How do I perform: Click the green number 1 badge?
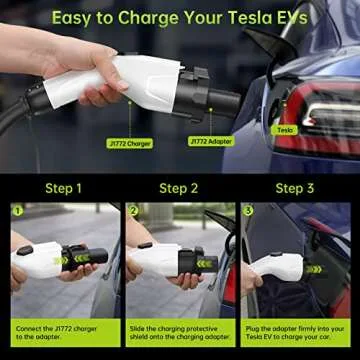pyautogui.click(x=17, y=211)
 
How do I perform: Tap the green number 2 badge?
pyautogui.click(x=134, y=211)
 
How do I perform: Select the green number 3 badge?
pyautogui.click(x=250, y=211)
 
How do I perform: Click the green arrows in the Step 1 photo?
pyautogui.click(x=61, y=260)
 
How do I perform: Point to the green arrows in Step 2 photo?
pyautogui.click(x=205, y=263)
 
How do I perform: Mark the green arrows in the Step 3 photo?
pyautogui.click(x=313, y=268)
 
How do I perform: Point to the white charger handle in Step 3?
pyautogui.click(x=277, y=269)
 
